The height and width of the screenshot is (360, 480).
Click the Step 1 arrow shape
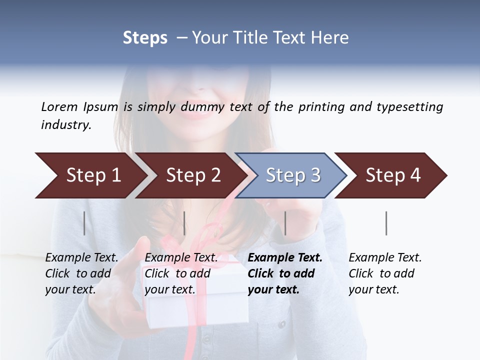(x=90, y=175)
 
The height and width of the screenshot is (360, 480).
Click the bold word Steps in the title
(x=145, y=38)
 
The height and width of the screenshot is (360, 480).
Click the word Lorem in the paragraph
(x=59, y=107)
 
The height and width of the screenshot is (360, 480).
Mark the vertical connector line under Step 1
(x=84, y=223)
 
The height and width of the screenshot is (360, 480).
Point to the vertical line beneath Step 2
(x=184, y=223)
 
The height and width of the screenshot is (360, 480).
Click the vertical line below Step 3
(x=285, y=223)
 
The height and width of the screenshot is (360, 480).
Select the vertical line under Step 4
(x=386, y=223)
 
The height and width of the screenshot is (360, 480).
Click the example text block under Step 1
(x=81, y=273)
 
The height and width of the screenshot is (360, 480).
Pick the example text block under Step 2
(x=181, y=273)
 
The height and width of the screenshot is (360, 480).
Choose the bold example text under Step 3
(x=285, y=273)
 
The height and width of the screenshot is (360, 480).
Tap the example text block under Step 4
(x=385, y=273)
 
